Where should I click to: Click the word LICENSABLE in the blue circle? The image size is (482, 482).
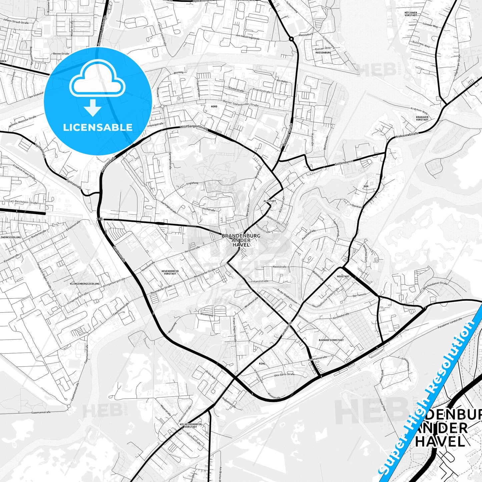point(98,127)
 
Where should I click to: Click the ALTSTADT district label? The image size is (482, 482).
point(270,201)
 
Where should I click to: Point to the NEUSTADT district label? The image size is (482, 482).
point(343,277)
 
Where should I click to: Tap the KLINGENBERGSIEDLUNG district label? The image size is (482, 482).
point(85,284)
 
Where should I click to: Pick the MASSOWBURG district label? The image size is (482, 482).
point(323,53)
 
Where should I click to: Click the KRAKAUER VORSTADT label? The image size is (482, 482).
point(422,118)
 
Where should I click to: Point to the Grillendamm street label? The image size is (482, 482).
point(344,164)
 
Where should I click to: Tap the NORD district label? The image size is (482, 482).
point(214,106)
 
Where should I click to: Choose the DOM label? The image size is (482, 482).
point(366,186)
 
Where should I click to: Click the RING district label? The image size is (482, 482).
point(262,364)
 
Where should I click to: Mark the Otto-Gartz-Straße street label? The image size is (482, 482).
point(284,375)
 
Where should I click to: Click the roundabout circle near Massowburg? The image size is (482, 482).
point(291,39)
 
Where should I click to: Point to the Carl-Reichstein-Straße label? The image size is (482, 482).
point(23,202)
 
